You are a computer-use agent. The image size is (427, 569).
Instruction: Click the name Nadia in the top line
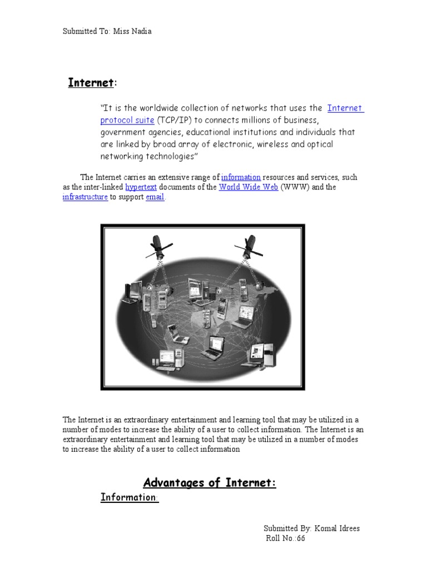(x=141, y=31)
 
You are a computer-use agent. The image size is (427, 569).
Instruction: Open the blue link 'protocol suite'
(x=127, y=120)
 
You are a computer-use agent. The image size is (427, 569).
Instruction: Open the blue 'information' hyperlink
(x=241, y=177)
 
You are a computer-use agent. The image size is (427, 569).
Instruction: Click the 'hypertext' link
(x=141, y=187)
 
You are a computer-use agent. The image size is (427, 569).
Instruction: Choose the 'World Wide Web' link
(x=248, y=187)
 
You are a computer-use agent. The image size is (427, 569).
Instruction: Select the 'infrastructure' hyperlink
(x=85, y=197)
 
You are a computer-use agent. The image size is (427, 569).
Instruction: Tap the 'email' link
(x=155, y=197)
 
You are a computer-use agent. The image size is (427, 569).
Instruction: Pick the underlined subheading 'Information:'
(x=130, y=497)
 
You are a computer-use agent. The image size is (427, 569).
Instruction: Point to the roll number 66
(x=301, y=538)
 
